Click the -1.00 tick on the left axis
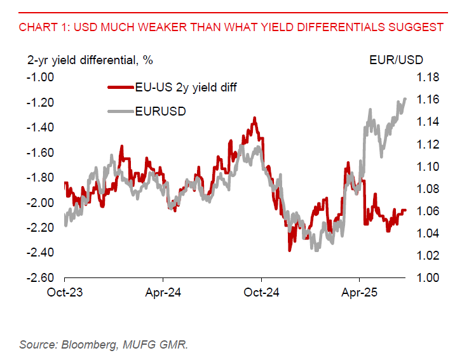pos(41,77)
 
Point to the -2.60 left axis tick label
pos(41,278)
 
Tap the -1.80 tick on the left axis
pos(41,178)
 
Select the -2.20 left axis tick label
pos(41,228)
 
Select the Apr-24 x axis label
pos(163,293)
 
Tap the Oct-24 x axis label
pos(262,293)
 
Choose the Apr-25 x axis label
pos(360,293)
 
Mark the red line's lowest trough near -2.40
pos(290,250)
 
